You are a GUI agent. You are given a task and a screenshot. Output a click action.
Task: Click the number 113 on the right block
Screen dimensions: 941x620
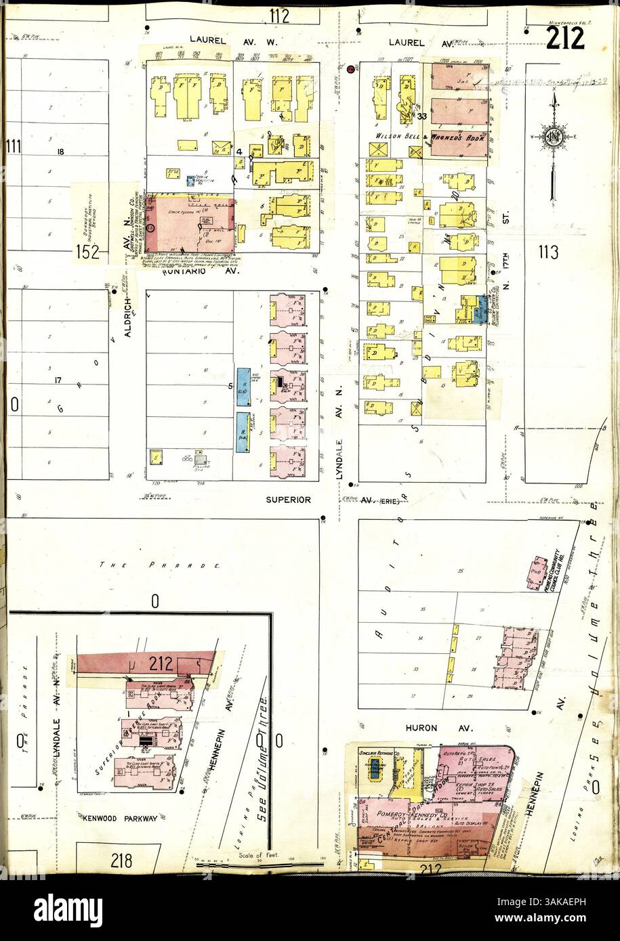pos(547,253)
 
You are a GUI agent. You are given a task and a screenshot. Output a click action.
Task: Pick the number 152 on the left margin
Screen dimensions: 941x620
pos(88,253)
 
